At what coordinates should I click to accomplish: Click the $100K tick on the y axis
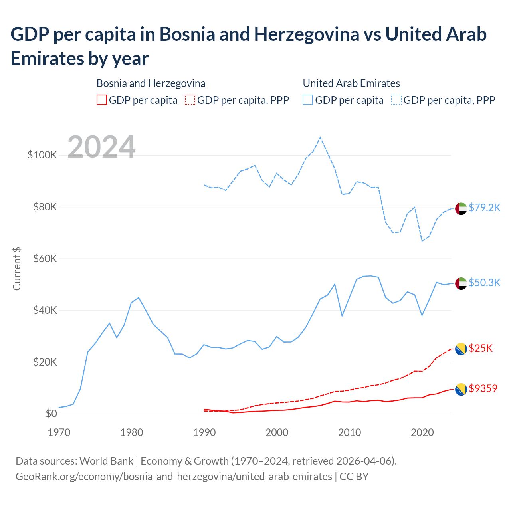click(x=42, y=155)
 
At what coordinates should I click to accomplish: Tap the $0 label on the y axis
click(x=51, y=414)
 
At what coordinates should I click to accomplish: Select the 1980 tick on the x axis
click(x=132, y=432)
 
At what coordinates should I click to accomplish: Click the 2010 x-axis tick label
click(x=350, y=432)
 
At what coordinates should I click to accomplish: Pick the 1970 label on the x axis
click(x=59, y=432)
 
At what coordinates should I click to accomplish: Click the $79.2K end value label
click(x=484, y=208)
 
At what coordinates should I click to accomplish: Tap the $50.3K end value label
click(x=484, y=283)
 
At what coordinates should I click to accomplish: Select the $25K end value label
click(x=481, y=348)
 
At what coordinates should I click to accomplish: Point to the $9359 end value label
click(x=483, y=388)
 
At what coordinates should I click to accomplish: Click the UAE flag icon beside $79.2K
click(x=461, y=208)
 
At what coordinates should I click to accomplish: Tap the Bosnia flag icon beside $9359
click(x=461, y=389)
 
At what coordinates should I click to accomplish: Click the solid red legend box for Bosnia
click(x=102, y=100)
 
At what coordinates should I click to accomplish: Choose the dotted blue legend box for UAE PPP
click(x=396, y=100)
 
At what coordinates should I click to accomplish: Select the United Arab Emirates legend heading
click(x=351, y=83)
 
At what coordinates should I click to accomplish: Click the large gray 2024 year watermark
click(x=101, y=147)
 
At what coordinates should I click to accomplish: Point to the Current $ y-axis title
click(x=17, y=269)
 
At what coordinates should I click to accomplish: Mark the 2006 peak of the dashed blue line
click(x=320, y=137)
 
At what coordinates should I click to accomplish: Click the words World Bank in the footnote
click(x=106, y=461)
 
